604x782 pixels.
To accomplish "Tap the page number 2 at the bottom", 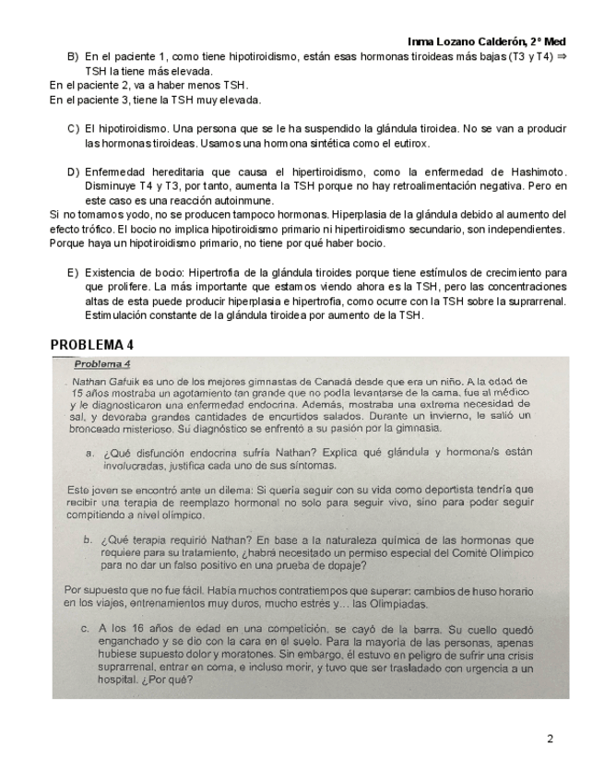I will pyautogui.click(x=551, y=739).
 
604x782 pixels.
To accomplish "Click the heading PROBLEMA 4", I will pyautogui.click(x=92, y=345).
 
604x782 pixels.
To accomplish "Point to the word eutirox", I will pyautogui.click(x=409, y=144).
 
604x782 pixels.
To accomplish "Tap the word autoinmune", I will pyautogui.click(x=243, y=199).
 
